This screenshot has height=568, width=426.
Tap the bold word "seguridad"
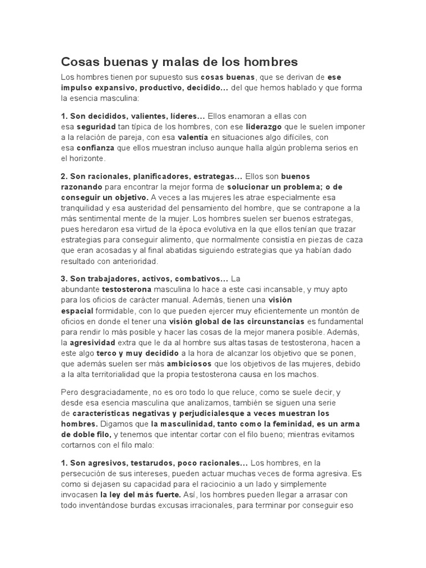click(95, 127)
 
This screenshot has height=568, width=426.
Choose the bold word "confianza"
click(95, 148)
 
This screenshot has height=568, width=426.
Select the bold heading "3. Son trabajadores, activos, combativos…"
click(144, 279)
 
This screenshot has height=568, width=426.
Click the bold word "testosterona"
click(127, 290)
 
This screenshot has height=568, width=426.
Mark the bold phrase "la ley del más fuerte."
click(140, 494)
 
